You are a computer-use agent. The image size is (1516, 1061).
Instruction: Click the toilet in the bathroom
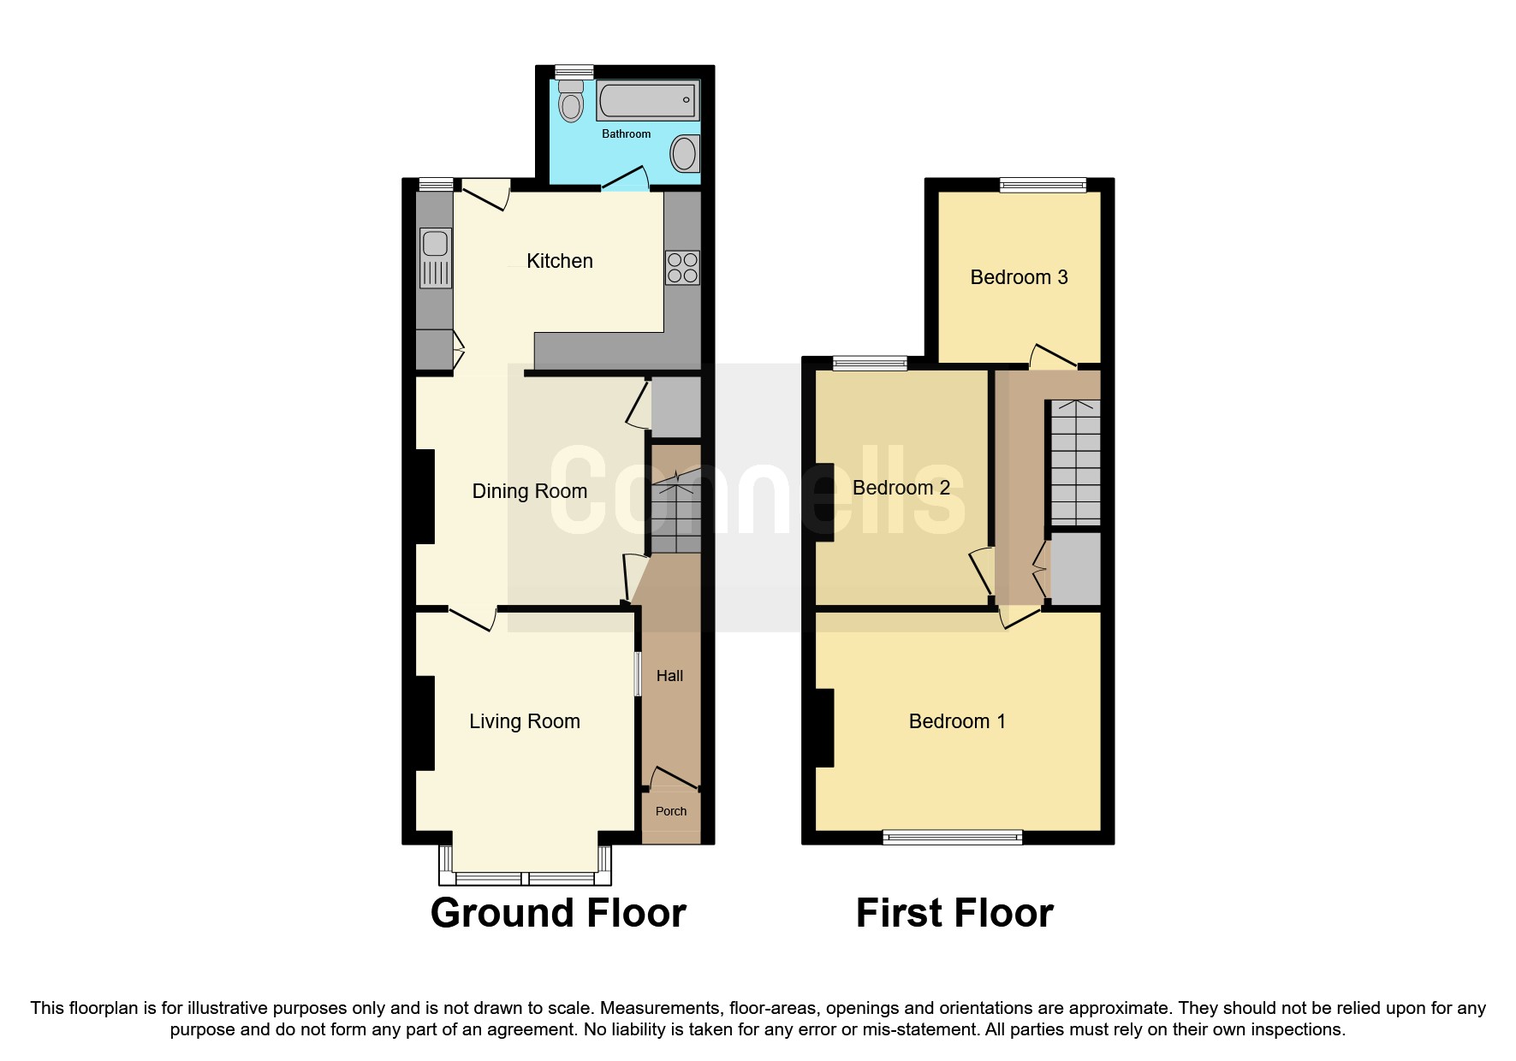pyautogui.click(x=571, y=102)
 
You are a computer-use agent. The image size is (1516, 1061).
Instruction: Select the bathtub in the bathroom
pyautogui.click(x=647, y=101)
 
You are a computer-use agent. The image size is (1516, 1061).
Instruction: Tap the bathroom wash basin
pyautogui.click(x=684, y=154)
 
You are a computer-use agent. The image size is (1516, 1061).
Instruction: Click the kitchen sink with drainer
pyautogui.click(x=436, y=258)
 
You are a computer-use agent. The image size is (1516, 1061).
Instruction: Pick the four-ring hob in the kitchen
pyautogui.click(x=682, y=267)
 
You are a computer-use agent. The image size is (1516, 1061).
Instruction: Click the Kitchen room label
pyautogui.click(x=559, y=261)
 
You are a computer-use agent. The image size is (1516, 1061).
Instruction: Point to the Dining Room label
pyautogui.click(x=529, y=491)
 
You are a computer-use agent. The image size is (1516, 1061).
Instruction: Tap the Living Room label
pyautogui.click(x=524, y=721)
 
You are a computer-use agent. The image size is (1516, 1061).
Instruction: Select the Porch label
pyautogui.click(x=670, y=811)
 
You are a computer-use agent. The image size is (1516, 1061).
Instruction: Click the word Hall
pyautogui.click(x=669, y=676)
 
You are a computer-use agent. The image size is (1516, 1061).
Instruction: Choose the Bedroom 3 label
pyautogui.click(x=1019, y=277)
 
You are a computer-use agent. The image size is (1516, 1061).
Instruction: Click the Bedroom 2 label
pyautogui.click(x=901, y=488)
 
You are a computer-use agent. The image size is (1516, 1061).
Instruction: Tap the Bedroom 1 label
pyautogui.click(x=956, y=721)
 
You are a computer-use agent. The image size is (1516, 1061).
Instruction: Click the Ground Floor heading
pyautogui.click(x=558, y=913)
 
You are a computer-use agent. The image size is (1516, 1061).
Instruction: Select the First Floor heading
pyautogui.click(x=954, y=913)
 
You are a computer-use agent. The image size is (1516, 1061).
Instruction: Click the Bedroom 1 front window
pyautogui.click(x=952, y=837)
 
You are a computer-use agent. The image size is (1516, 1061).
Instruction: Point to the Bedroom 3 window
pyautogui.click(x=1043, y=185)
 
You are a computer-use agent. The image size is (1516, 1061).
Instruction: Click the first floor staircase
pyautogui.click(x=1075, y=462)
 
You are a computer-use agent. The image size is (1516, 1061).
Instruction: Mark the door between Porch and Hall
pyautogui.click(x=674, y=779)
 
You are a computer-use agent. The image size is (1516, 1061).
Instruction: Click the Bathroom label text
pyautogui.click(x=626, y=134)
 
